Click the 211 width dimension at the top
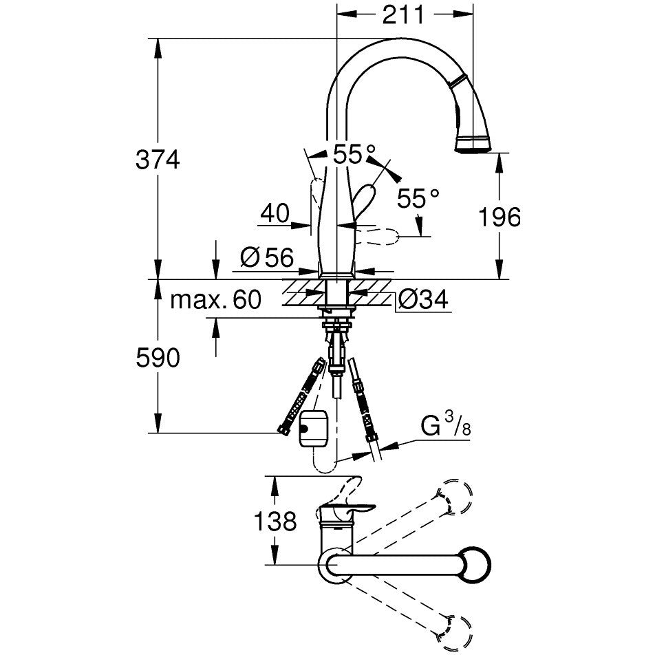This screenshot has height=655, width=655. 403,15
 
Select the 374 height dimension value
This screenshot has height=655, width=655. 158,159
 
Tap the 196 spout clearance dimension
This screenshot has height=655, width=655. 500,217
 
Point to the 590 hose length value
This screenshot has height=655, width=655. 158,358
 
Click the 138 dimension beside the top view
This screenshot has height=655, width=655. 275,521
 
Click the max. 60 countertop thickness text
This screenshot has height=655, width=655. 215,299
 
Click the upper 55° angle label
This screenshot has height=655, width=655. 354,154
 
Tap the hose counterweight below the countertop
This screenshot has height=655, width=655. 313,428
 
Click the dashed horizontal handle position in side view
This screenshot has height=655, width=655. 378,237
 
